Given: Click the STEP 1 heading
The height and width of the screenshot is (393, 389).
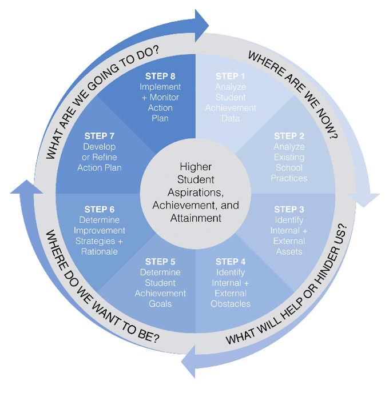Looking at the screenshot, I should point(230,76).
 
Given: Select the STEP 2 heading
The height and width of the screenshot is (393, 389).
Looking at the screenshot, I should point(289,136).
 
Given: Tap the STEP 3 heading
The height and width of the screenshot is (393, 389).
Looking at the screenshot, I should point(289,209).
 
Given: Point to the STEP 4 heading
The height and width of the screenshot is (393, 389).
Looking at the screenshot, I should point(231,262).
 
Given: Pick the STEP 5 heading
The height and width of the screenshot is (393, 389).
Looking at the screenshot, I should point(160,262).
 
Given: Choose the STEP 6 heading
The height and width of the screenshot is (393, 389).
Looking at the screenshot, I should point(100,209).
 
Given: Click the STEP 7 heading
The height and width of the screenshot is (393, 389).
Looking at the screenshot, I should point(100,136).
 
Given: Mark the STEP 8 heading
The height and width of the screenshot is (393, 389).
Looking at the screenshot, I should point(160,76).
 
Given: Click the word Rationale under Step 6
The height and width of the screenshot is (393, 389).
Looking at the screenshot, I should point(100,251).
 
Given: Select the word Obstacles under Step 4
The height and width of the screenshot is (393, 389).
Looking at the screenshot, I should point(231,304).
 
